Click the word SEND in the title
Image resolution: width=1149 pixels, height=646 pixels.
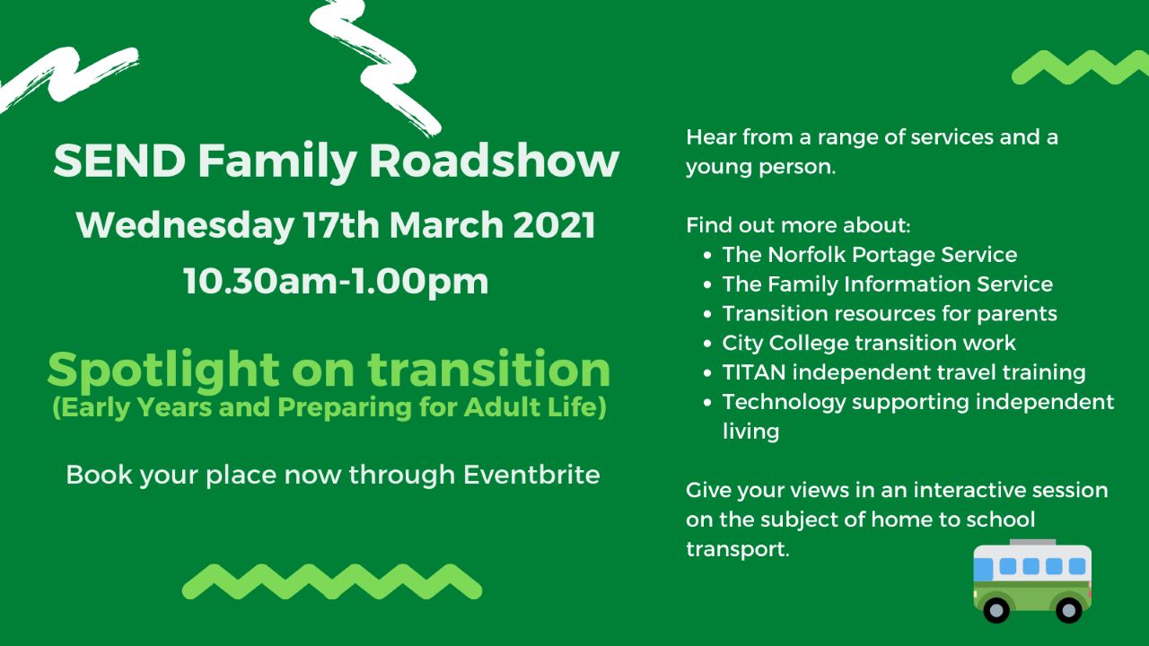point(119,161)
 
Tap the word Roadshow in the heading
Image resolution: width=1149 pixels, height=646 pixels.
point(494,161)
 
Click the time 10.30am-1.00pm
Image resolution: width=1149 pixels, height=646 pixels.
point(336,282)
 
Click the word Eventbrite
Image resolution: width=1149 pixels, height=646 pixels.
point(531,475)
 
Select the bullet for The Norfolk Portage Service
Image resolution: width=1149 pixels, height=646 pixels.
point(708,256)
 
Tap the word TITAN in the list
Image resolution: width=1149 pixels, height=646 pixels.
point(753,372)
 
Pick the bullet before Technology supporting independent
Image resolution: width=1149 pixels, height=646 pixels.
point(708,403)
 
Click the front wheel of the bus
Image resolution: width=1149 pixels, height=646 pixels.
point(996,610)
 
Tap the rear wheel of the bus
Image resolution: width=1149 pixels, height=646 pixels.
point(1068,610)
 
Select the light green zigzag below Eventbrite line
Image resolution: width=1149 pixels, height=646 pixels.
point(332,581)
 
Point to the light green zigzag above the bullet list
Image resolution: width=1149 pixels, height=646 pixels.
point(1080,67)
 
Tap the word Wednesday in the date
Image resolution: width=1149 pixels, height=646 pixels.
point(185,226)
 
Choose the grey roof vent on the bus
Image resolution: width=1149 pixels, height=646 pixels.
point(1032,543)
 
